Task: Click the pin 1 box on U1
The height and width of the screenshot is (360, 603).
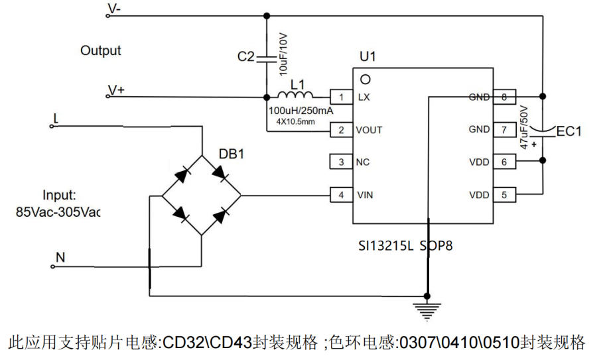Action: pos(341,97)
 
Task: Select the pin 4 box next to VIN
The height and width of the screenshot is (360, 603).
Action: pos(341,196)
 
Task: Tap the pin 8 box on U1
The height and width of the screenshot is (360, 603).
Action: pos(504,97)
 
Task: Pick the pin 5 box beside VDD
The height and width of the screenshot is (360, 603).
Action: pos(504,196)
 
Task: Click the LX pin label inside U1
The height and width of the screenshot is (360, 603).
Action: pos(364,97)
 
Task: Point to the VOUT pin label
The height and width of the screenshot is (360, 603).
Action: pos(369,130)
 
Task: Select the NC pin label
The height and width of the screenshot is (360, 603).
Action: pos(364,162)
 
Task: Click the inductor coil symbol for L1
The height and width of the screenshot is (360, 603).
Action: pos(298,95)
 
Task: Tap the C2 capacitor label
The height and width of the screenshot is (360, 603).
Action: pos(245,58)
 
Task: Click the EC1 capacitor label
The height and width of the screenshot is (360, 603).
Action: pos(569,132)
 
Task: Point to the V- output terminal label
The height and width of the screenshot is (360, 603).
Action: pos(113,9)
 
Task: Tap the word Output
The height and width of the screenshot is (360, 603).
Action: pos(101,50)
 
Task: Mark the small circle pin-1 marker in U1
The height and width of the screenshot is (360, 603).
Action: pos(364,79)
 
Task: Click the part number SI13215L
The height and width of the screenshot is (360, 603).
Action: pos(385,246)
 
